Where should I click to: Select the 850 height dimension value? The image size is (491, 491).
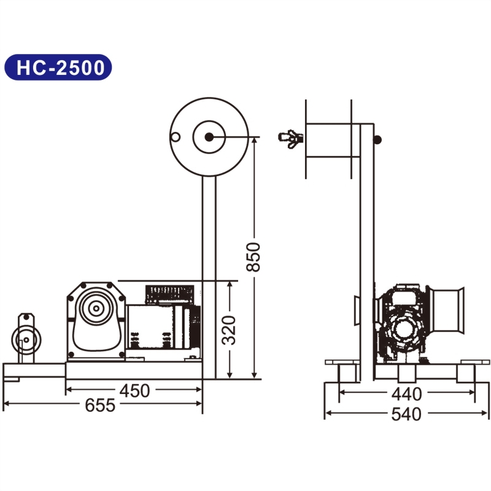(253, 257)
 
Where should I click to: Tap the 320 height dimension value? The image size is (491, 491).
(229, 330)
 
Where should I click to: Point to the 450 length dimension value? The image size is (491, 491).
(134, 390)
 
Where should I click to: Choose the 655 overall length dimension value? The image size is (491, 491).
(100, 405)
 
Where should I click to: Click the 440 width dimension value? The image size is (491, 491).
(406, 394)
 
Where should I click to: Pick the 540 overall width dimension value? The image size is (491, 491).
(406, 414)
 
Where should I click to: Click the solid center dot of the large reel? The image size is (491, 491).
(209, 137)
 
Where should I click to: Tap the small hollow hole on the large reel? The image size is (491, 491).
(176, 137)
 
